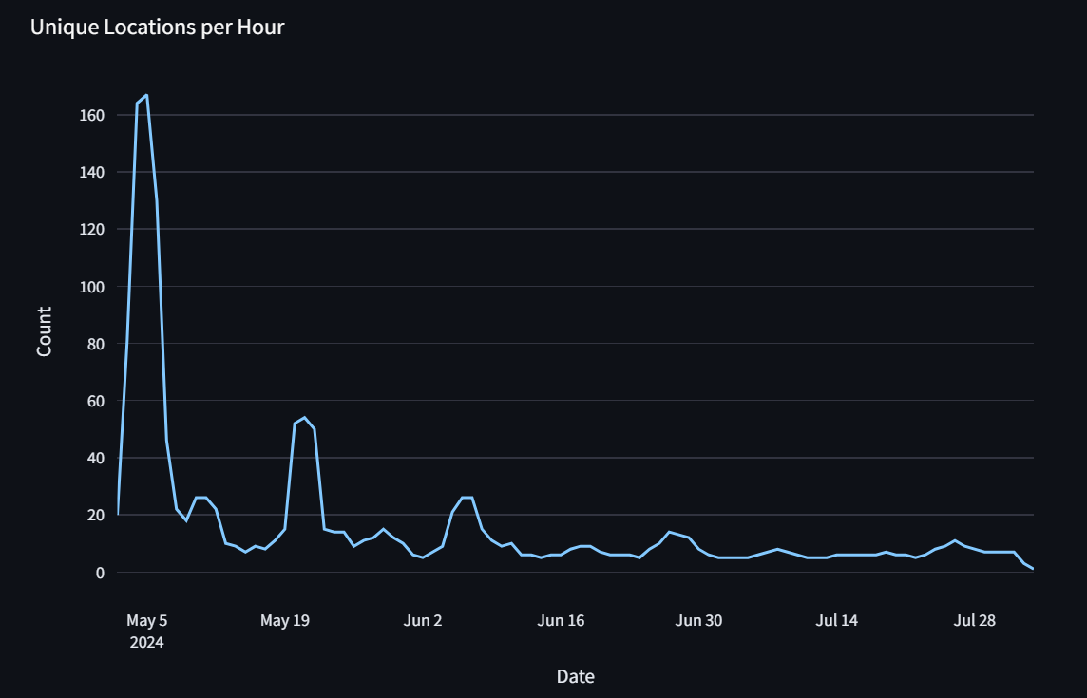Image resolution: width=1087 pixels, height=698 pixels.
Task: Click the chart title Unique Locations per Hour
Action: [157, 28]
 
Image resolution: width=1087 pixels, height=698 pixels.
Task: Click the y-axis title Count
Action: [44, 331]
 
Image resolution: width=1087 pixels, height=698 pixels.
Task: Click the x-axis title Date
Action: [575, 676]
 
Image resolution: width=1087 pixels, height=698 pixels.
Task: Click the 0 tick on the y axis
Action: [97, 573]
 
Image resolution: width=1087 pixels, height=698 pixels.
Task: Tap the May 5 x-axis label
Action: [146, 621]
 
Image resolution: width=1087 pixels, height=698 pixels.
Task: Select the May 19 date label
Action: [284, 621]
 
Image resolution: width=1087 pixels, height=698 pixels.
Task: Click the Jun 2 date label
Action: [423, 621]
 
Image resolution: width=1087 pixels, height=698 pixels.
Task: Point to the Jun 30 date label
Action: [698, 621]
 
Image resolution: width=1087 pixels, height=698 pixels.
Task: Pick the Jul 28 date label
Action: [975, 621]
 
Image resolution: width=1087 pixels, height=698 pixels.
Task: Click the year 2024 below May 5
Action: [146, 643]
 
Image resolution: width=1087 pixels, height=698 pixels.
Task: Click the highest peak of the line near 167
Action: [146, 95]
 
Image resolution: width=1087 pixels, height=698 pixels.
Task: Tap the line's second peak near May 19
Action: [304, 418]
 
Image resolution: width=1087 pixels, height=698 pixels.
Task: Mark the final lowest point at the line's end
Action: [1033, 569]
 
